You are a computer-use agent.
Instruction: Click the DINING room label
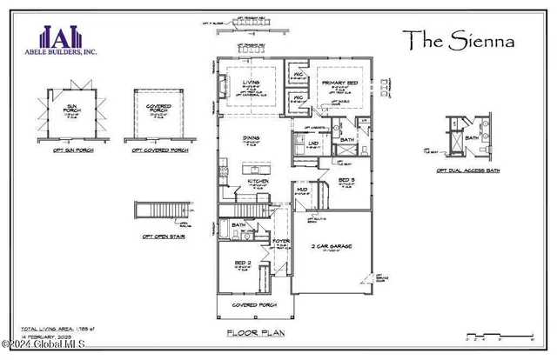tap(251, 138)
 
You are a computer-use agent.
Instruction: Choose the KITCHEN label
tap(258, 182)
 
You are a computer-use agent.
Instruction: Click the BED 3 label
tap(346, 181)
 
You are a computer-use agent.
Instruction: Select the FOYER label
tap(282, 242)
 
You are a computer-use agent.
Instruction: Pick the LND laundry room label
tap(312, 143)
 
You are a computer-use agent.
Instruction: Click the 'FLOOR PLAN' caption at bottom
tap(251, 333)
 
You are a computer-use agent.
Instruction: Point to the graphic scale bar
tap(498, 333)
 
